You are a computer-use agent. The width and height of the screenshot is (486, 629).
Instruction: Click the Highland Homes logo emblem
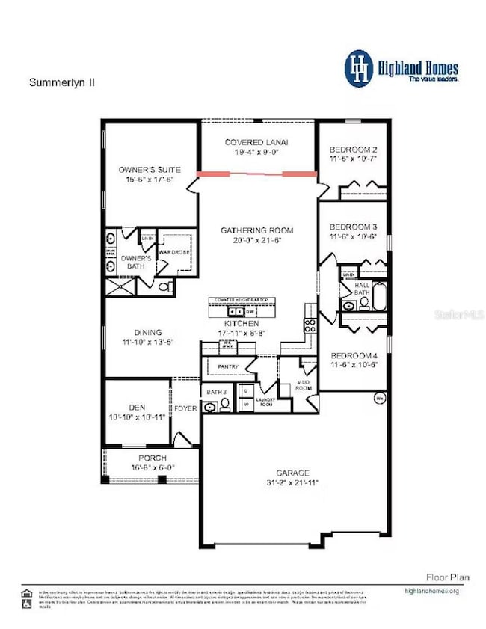click(359, 67)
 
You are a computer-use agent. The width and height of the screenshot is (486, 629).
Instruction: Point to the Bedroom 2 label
click(353, 149)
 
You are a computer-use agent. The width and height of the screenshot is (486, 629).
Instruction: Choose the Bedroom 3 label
click(353, 227)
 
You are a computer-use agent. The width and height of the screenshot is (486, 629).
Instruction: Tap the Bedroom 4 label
click(353, 355)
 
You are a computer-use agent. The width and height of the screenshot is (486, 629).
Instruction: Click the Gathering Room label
click(256, 230)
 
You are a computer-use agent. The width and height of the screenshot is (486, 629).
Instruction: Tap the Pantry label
click(227, 367)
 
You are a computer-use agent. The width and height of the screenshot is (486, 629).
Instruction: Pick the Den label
click(135, 407)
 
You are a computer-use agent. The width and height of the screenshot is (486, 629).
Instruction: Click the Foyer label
click(185, 408)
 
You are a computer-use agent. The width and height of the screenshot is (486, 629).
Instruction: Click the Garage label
click(295, 473)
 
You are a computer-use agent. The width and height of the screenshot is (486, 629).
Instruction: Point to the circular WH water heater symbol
click(379, 399)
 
